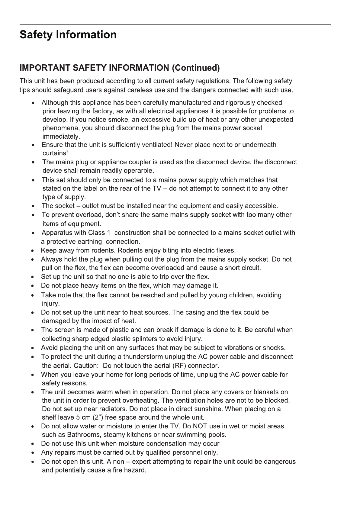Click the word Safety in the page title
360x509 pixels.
pyautogui.click(x=36, y=35)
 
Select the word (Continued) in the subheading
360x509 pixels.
pyautogui.click(x=195, y=68)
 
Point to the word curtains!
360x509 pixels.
pyautogui.click(x=55, y=153)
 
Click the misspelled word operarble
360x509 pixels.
pyautogui.click(x=139, y=171)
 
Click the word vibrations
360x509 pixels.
pyautogui.click(x=239, y=347)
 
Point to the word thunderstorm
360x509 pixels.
pyautogui.click(x=143, y=357)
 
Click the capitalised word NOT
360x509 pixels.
pyautogui.click(x=200, y=426)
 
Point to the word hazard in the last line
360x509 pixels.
pyautogui.click(x=135, y=470)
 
